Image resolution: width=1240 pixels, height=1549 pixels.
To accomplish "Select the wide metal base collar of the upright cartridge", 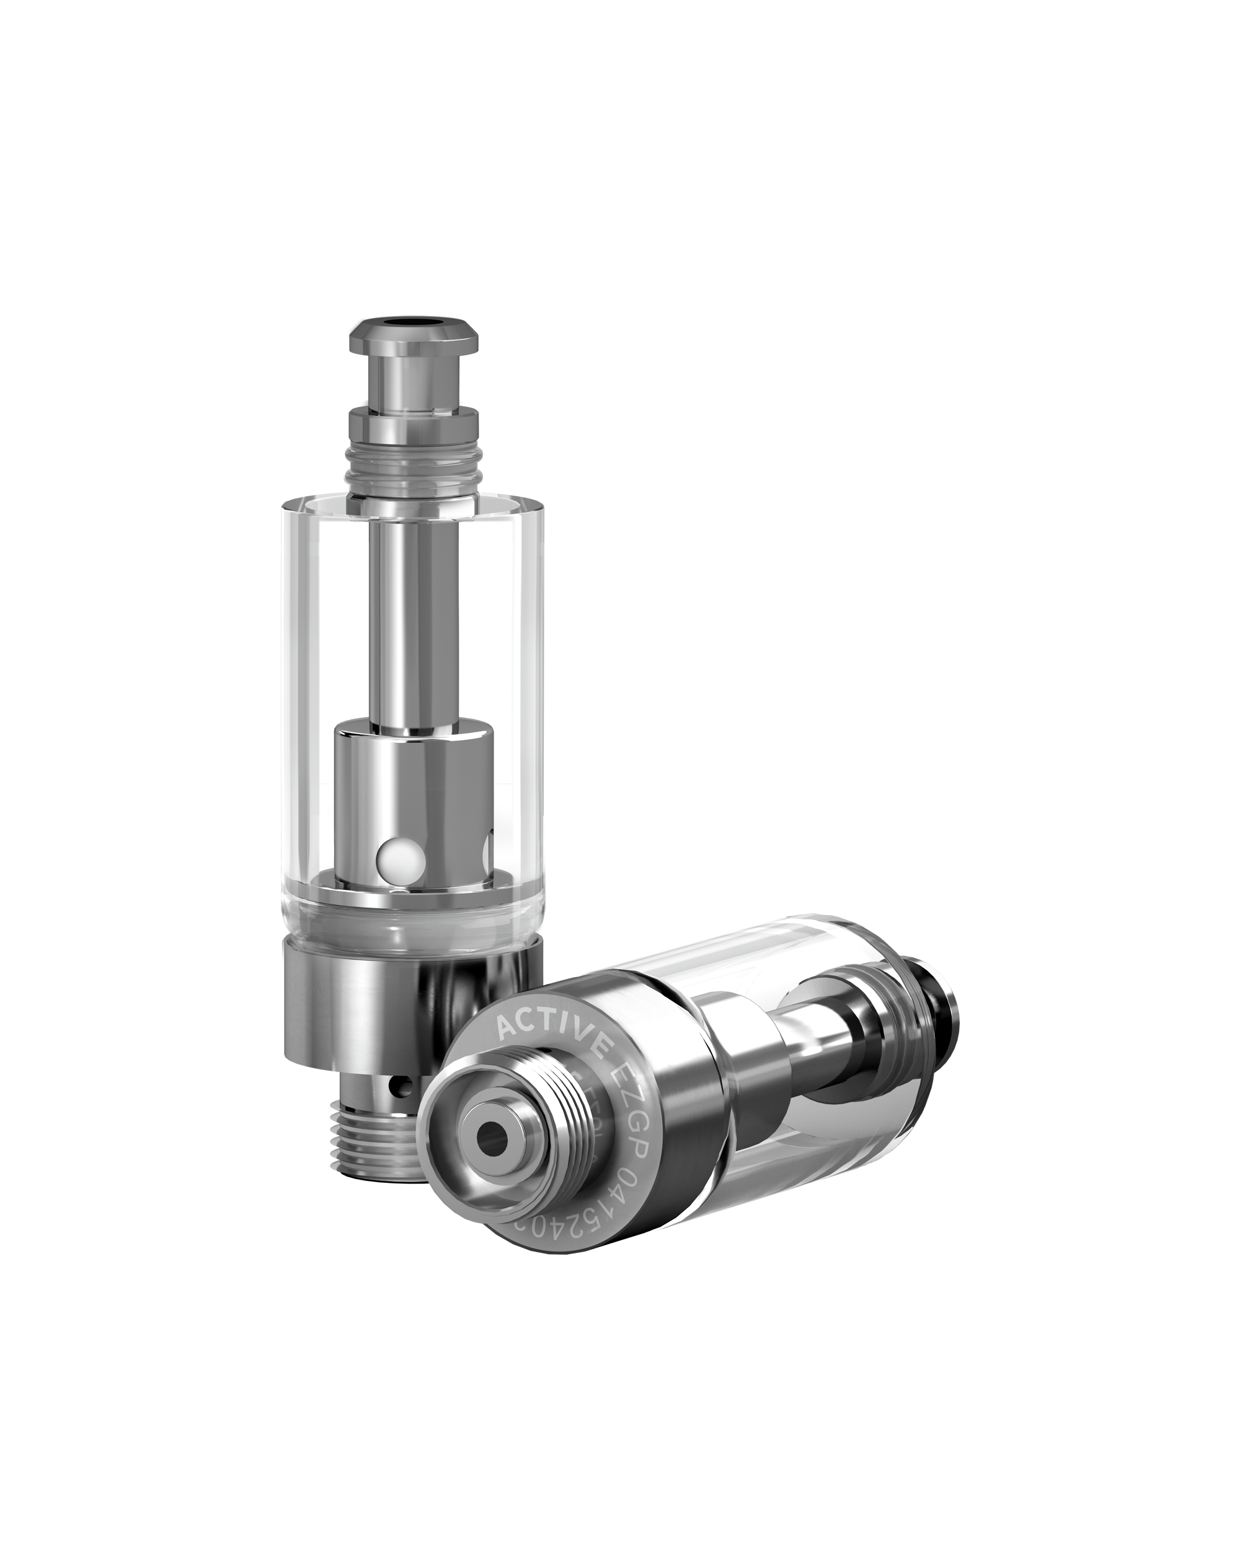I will point(410,1006).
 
